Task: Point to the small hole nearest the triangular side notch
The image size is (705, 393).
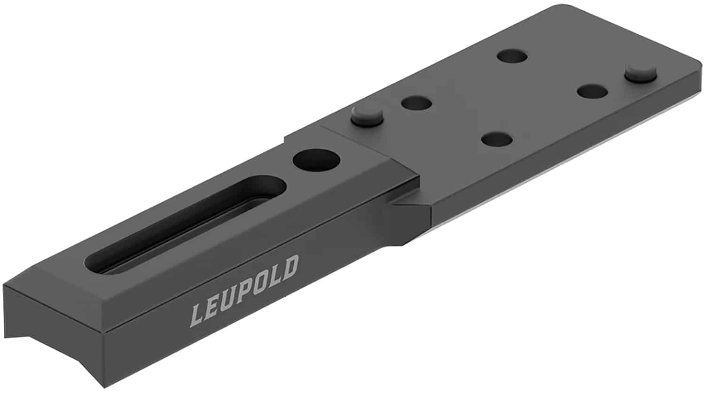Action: [x=496, y=139]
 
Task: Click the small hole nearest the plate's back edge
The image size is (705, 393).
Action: [x=512, y=56]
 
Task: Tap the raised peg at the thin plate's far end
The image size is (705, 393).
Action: [x=640, y=72]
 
